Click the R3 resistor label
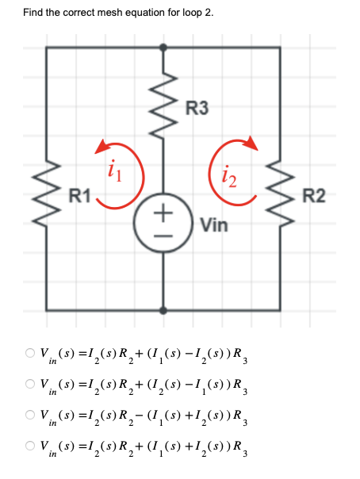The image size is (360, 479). click(x=197, y=109)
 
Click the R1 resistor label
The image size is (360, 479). click(x=80, y=193)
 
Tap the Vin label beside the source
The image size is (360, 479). click(x=214, y=225)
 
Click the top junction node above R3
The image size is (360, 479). click(x=164, y=48)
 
